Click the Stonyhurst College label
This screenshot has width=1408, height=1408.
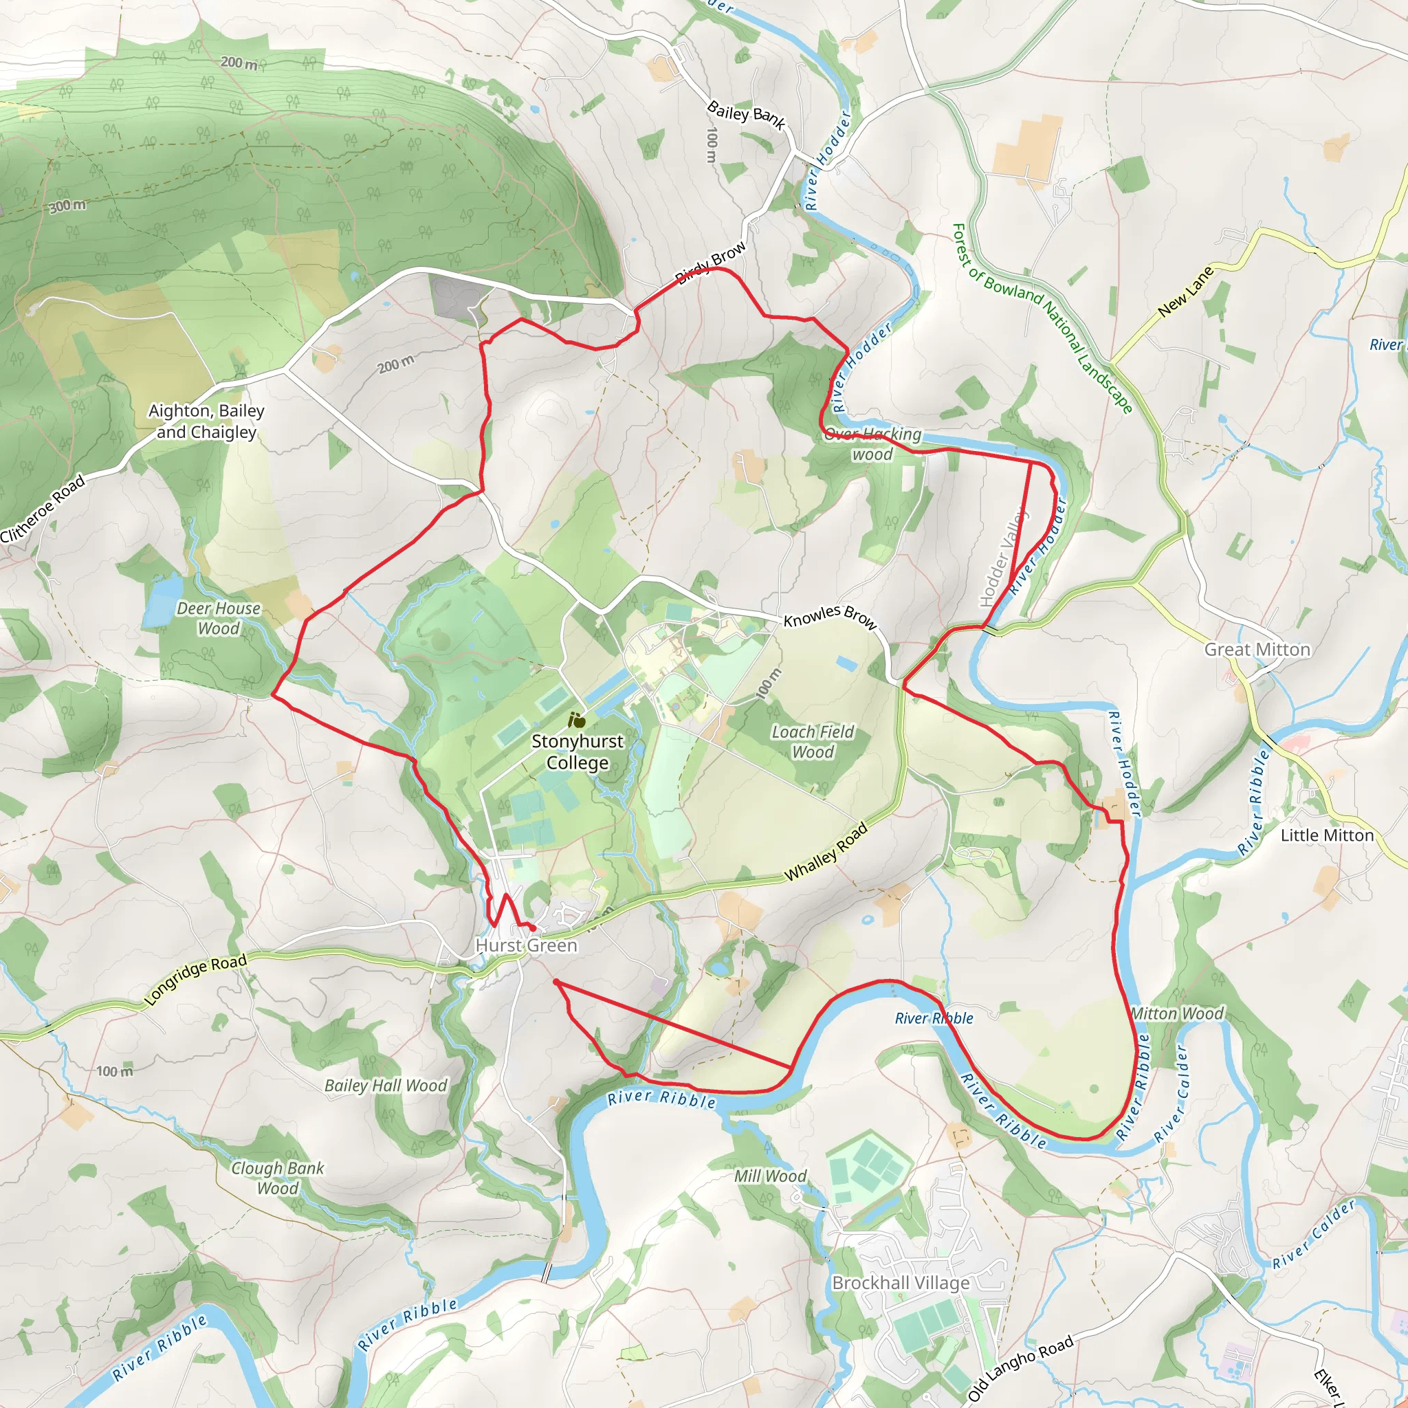click(x=577, y=751)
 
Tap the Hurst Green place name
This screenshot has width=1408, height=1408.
click(x=526, y=945)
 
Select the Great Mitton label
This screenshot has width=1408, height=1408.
click(x=1257, y=649)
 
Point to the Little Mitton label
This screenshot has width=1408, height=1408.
click(x=1327, y=835)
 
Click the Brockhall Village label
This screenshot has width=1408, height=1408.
click(x=901, y=1283)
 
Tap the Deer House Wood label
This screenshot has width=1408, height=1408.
click(x=219, y=618)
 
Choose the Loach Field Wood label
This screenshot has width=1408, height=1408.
click(x=813, y=741)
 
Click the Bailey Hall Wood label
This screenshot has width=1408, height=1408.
click(x=386, y=1085)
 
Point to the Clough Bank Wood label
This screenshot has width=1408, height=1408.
click(x=278, y=1178)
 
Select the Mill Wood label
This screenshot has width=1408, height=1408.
click(x=770, y=1176)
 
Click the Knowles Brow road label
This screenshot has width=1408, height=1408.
click(x=829, y=617)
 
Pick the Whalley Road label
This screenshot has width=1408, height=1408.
click(x=826, y=851)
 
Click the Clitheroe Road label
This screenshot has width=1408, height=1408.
click(x=42, y=509)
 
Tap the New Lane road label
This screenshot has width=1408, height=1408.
click(x=1186, y=291)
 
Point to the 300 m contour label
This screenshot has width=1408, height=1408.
click(x=67, y=206)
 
